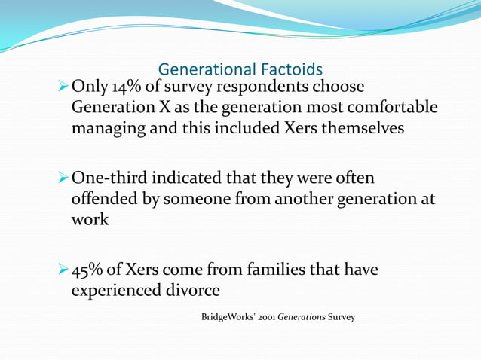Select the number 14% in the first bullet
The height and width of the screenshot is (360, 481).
tap(128, 87)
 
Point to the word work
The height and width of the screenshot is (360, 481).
tap(90, 220)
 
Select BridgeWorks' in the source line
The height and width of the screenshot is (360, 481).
tap(228, 316)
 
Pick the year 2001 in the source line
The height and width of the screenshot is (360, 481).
tap(265, 316)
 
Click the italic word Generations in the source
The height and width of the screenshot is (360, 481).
tap(302, 316)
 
